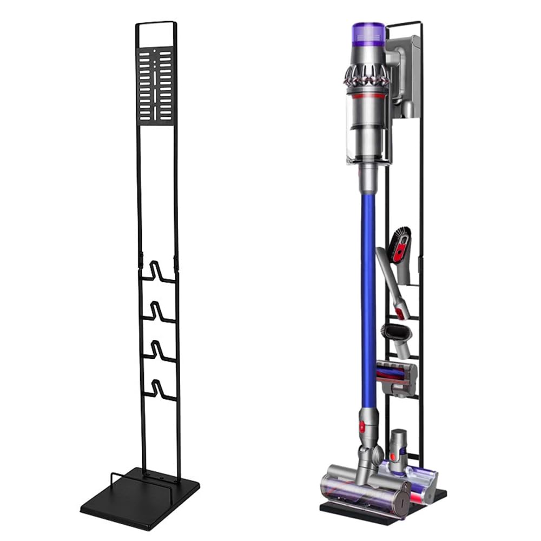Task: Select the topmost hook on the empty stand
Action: pos(159,273)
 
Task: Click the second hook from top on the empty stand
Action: pos(159,312)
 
